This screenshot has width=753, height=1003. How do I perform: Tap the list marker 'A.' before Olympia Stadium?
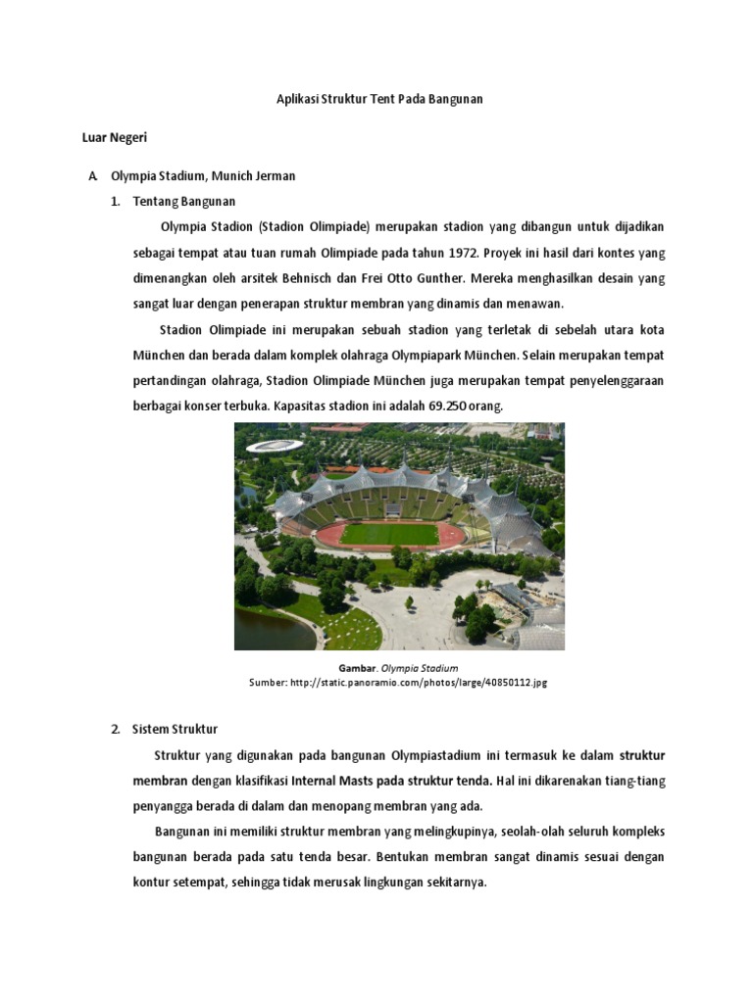coord(92,176)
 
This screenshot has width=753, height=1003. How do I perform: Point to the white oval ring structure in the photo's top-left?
coord(274,446)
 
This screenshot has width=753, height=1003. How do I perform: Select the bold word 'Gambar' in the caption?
coord(358,668)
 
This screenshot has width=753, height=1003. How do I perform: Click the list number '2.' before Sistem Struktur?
coord(115,729)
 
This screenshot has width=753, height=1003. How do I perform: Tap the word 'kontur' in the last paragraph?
coord(156,882)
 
